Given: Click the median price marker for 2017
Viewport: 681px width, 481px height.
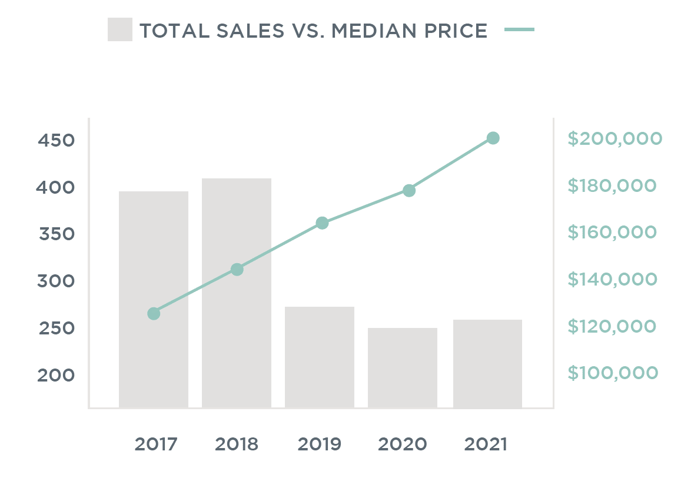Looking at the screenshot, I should pos(154,314).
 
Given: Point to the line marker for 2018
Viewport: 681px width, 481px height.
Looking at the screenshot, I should pos(237,270).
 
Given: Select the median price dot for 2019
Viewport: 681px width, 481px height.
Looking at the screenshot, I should pos(322,223).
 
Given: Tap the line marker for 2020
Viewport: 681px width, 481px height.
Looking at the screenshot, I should pos(409,191).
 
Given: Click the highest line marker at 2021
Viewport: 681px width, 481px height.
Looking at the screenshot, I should pos(493,138).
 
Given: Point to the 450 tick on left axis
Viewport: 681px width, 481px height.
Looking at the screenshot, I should pos(57,141).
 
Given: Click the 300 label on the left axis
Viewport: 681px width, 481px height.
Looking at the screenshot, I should pos(57,281).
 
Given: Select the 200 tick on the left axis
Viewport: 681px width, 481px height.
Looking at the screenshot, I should pos(57,375).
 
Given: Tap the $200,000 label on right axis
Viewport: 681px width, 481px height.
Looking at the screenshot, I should pos(614,139).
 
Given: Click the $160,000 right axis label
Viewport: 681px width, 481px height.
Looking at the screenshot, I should pos(612,233).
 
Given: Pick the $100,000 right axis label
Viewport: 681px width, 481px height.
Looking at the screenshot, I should pos(612,373).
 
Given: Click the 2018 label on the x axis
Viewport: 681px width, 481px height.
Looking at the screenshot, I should pos(237,444).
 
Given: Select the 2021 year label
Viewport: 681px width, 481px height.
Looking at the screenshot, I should pos(486,444).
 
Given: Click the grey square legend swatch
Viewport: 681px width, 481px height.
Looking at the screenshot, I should pos(120,29).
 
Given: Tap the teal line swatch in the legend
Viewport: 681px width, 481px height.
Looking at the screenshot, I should pos(520,29).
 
